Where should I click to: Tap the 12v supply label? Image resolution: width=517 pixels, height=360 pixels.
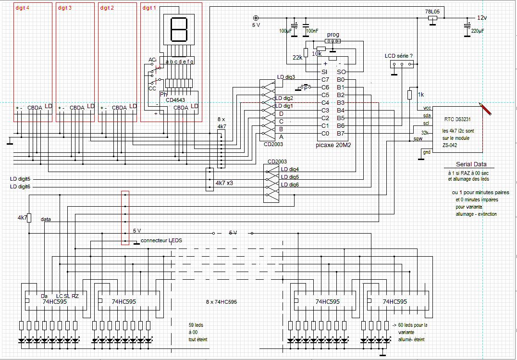(x=481, y=17)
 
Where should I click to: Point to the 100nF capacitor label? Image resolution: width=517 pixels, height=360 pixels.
(x=312, y=31)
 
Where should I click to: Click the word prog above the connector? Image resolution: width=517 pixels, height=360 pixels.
(x=333, y=35)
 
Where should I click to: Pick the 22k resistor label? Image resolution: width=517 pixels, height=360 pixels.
(x=297, y=57)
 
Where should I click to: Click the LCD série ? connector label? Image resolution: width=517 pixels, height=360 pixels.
(x=399, y=56)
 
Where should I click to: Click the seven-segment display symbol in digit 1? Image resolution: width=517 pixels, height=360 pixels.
(x=178, y=30)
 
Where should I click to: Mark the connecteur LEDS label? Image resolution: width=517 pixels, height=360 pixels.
(x=161, y=240)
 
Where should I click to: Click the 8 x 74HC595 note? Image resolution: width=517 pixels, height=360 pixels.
(x=221, y=302)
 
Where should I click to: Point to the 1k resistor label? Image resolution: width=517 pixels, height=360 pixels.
(x=420, y=94)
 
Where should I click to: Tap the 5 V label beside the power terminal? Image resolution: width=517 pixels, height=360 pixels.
(x=256, y=25)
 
